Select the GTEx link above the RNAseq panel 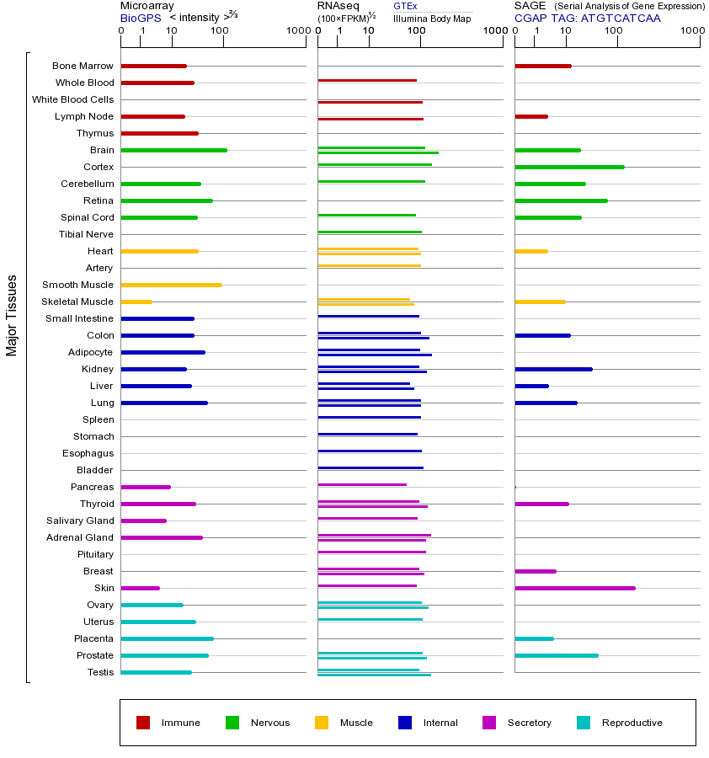(405, 6)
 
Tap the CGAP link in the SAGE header (530, 18)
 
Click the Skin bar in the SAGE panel (574, 588)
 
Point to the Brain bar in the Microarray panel (173, 150)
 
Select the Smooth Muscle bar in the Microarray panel (171, 285)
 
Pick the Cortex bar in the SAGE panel (569, 167)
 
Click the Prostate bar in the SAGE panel (556, 655)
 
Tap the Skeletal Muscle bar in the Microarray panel (136, 302)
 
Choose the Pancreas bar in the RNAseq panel (362, 484)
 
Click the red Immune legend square (143, 723)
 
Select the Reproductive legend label (632, 723)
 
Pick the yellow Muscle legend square (322, 723)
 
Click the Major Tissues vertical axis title (12, 315)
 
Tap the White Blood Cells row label (72, 99)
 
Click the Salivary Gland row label (80, 520)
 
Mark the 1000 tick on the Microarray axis (296, 31)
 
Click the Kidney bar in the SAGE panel (553, 369)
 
